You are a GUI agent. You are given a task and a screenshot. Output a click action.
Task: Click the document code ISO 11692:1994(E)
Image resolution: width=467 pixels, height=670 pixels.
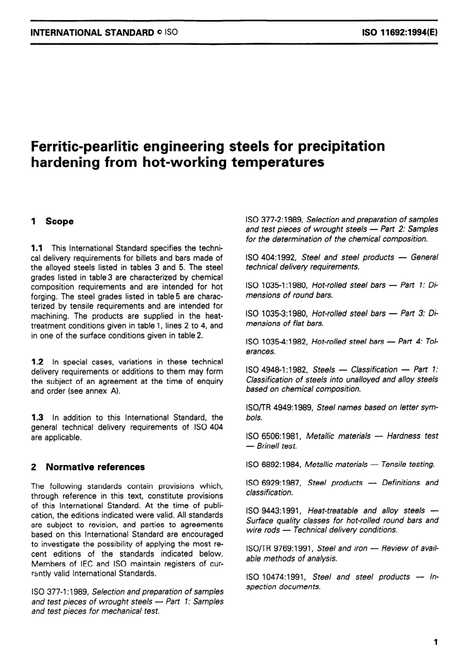(400, 33)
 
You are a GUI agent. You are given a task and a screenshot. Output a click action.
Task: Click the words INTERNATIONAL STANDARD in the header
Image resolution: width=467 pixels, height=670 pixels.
(92, 33)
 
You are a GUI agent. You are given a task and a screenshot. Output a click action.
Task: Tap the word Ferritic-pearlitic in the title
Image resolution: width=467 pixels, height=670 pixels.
(93, 146)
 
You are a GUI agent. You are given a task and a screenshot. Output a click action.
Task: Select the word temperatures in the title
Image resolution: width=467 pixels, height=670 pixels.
(277, 162)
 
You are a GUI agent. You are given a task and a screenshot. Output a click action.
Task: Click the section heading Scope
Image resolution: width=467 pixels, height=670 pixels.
(59, 221)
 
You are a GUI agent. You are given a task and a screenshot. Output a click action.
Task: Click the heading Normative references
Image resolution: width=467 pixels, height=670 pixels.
(95, 467)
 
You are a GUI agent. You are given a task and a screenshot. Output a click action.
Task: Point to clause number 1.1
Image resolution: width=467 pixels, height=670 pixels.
(37, 248)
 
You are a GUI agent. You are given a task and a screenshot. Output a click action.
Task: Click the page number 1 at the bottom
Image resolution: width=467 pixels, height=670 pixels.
(435, 642)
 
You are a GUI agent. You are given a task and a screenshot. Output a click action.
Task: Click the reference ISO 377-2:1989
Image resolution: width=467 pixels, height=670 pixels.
(274, 220)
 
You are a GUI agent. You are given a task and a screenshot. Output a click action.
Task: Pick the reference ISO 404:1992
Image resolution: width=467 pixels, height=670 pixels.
(271, 257)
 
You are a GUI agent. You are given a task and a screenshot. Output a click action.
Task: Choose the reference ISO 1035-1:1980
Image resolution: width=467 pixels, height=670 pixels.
(277, 286)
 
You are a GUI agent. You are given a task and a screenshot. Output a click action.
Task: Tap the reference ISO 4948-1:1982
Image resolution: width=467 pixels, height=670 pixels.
(277, 370)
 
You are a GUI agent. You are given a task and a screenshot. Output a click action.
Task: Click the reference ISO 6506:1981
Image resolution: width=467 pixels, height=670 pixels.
(274, 436)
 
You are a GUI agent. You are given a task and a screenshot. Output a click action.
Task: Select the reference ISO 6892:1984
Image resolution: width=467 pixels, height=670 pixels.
(273, 464)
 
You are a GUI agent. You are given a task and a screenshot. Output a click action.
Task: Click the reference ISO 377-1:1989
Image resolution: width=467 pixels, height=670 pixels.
(59, 592)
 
